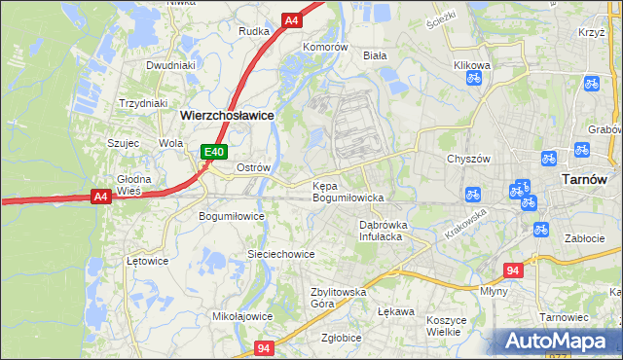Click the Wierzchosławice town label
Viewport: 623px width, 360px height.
point(226,115)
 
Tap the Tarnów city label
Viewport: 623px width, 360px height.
point(586,180)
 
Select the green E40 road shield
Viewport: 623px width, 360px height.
point(214,152)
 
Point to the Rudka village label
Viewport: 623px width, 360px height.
point(253,30)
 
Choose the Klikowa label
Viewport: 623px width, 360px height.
point(472,65)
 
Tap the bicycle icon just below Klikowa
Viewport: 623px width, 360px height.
point(474,80)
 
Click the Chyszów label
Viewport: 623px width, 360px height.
point(466,159)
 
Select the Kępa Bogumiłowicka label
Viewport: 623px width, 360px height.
point(348,192)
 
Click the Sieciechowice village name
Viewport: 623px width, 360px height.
point(280,254)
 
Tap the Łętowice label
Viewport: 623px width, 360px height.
point(148,261)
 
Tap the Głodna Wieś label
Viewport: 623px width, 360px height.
point(132,185)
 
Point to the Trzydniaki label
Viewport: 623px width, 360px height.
point(143,103)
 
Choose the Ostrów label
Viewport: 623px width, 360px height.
point(253,167)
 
